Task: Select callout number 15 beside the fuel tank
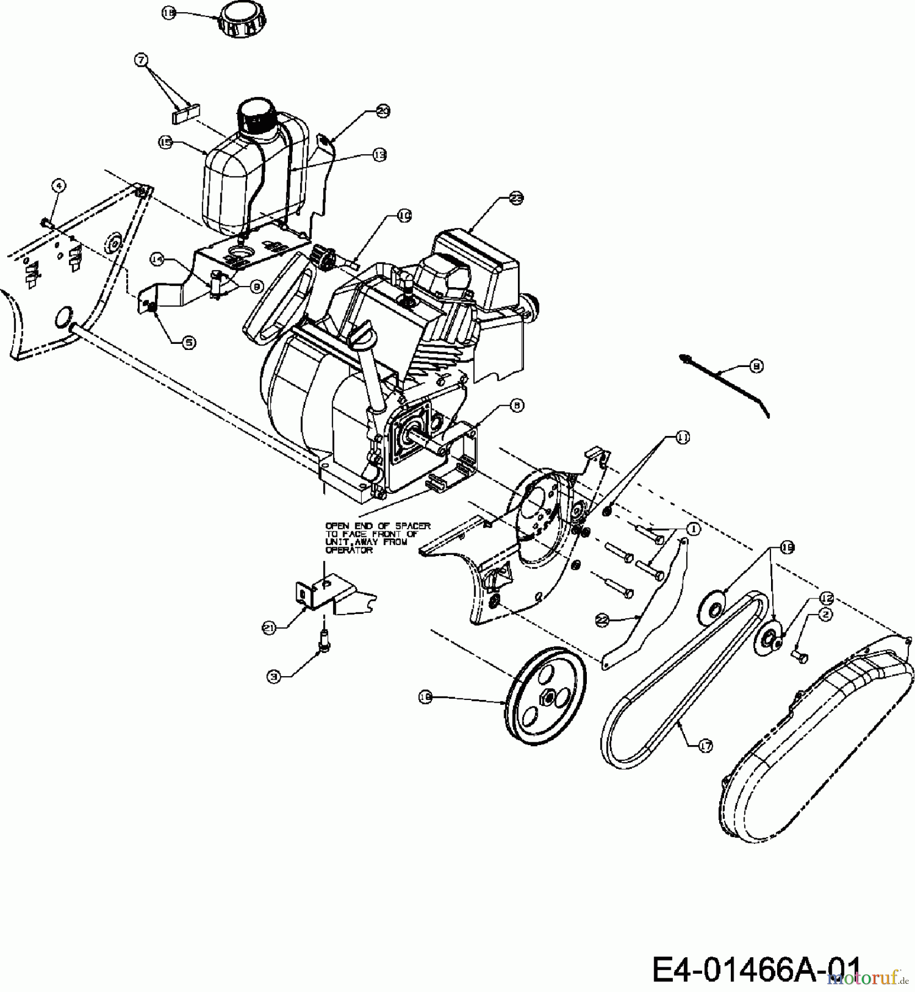point(165,142)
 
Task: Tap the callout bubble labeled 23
point(516,199)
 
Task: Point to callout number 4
point(59,186)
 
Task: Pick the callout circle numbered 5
point(189,342)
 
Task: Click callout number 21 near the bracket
point(269,628)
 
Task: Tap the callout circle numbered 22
point(602,620)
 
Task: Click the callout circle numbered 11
point(682,438)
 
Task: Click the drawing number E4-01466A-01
point(756,969)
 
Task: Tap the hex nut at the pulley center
point(545,696)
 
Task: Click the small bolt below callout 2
point(800,654)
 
